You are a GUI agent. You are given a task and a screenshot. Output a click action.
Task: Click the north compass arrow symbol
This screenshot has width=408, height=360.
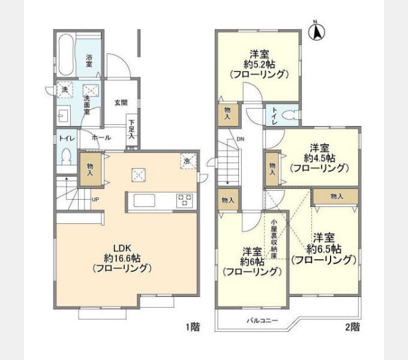317,31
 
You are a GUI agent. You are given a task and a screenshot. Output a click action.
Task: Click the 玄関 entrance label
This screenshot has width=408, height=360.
121,103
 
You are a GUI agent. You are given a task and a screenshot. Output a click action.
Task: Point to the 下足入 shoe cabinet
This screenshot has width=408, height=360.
132,130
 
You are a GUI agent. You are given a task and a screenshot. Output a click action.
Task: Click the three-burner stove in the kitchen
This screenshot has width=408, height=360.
184,200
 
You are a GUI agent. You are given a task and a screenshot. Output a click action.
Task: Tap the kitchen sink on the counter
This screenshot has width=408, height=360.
145,200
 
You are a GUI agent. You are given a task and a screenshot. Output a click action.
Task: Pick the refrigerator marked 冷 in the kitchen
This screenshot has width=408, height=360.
188,161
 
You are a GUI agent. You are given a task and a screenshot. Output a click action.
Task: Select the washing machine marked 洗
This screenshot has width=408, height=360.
65,90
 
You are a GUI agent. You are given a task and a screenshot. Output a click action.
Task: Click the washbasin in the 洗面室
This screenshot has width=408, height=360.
64,115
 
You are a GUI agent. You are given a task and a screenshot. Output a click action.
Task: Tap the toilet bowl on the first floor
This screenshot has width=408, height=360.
67,156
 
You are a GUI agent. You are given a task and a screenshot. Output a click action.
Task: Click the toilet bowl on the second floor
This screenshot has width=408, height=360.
291,115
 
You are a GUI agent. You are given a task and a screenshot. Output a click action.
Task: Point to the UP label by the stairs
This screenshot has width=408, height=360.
95,200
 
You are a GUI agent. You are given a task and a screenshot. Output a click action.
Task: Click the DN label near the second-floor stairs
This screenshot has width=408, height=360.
240,139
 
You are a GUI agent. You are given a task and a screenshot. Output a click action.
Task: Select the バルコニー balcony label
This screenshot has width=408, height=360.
262,320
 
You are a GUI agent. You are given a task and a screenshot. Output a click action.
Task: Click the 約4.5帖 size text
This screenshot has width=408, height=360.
319,158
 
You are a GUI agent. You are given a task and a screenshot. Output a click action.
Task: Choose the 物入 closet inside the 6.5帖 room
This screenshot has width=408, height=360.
336,196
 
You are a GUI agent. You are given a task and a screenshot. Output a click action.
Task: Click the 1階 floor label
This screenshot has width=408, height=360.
193,327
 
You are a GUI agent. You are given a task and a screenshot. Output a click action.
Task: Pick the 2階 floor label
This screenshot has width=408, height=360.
353,327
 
